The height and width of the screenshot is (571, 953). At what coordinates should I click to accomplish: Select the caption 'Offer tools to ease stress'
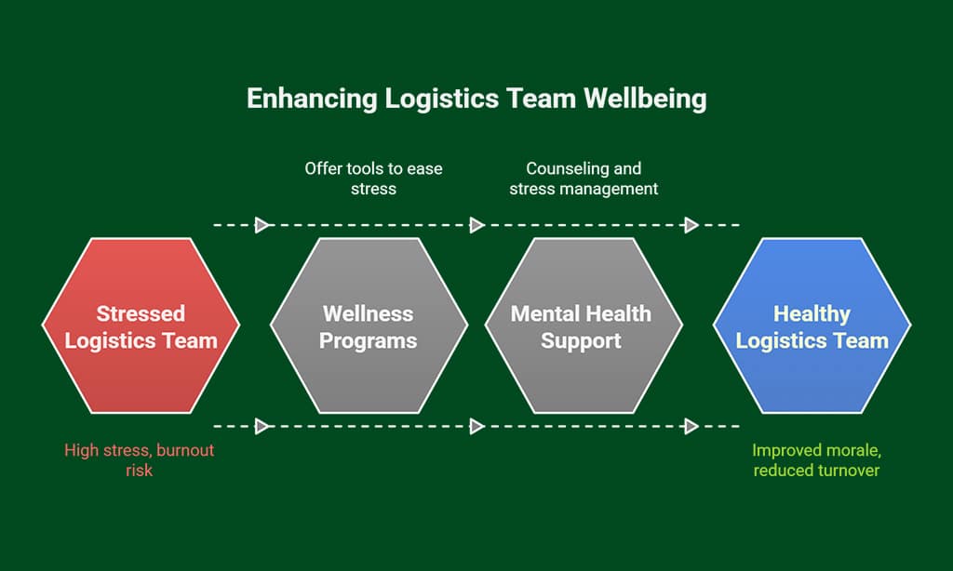coord(374,179)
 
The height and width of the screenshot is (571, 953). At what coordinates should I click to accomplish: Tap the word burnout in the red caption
coord(186,450)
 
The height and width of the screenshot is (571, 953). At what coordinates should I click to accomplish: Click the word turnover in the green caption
coord(844,471)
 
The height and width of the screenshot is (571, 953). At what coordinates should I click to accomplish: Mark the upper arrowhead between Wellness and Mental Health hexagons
coord(477,225)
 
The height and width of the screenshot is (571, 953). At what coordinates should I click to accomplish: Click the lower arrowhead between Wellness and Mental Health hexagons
coord(477,427)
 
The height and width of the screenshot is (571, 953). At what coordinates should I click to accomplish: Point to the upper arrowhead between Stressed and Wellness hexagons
coord(263,225)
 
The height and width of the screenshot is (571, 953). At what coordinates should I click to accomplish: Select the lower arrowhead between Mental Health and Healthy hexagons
coord(691,427)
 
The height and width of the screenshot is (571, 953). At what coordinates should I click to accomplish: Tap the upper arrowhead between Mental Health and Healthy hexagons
coord(691,225)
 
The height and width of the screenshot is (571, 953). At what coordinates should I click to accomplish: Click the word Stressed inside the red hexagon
coord(141,313)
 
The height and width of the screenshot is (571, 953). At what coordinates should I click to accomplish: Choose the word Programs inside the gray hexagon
coord(369,340)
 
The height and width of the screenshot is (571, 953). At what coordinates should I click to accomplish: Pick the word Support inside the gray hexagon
coord(582,340)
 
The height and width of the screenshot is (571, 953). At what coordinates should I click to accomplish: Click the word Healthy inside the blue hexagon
coord(812,313)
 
